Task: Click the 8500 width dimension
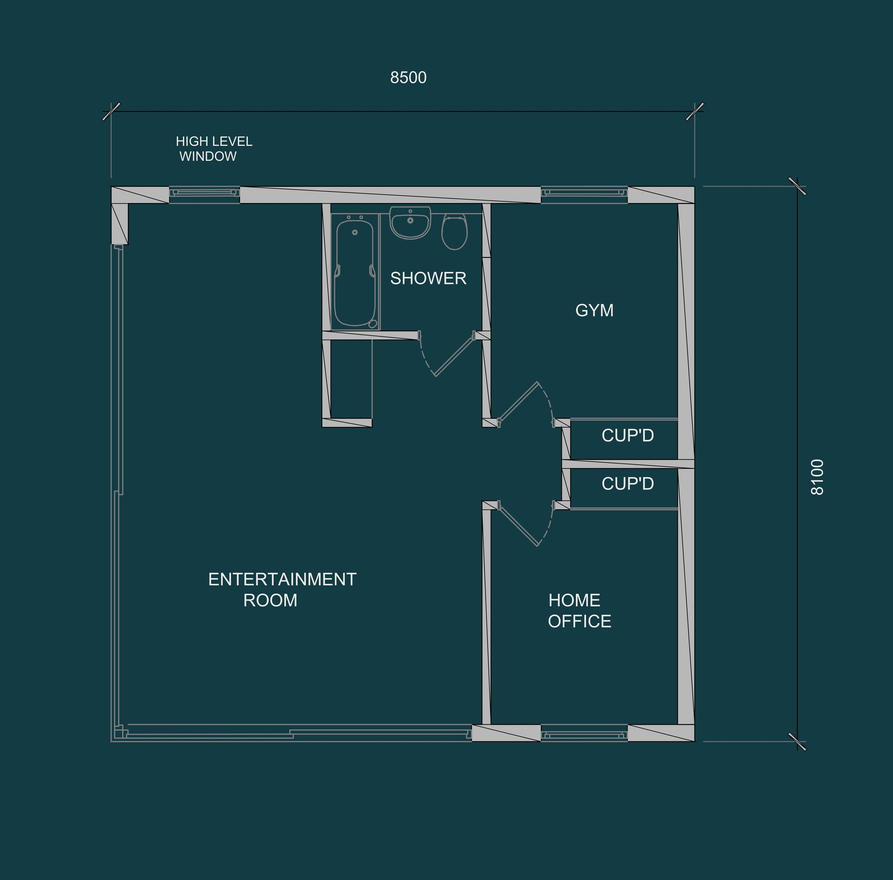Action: click(408, 78)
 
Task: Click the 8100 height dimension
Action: click(817, 477)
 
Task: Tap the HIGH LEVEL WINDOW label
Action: click(213, 149)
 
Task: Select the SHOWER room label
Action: click(428, 278)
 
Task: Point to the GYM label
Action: click(594, 310)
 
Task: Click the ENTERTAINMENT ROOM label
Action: click(282, 590)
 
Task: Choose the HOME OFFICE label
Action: click(579, 611)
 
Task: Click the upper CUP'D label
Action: click(627, 435)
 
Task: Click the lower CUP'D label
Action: click(627, 484)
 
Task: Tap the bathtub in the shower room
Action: click(354, 273)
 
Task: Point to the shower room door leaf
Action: click(454, 354)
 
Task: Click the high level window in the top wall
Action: click(204, 192)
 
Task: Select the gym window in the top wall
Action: click(584, 192)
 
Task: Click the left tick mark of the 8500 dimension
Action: click(111, 112)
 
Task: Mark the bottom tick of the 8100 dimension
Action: click(797, 742)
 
